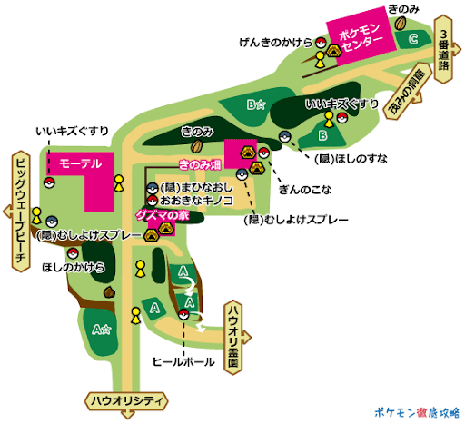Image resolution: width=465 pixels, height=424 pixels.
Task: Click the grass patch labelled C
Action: coord(414,39)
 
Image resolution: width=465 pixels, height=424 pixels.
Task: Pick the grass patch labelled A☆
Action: coord(101,330)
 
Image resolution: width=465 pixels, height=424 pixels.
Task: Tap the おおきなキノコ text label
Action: coord(196,200)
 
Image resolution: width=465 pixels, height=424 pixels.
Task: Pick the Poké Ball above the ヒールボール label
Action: coord(184,315)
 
